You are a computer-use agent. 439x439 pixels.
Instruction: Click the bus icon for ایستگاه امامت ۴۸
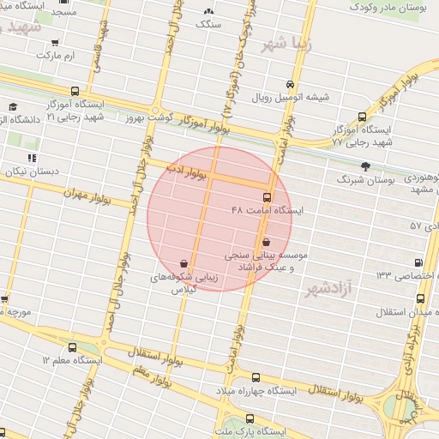[267, 197]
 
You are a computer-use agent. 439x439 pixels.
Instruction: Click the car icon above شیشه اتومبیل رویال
[292, 84]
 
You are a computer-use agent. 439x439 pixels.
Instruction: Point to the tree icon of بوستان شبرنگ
[366, 166]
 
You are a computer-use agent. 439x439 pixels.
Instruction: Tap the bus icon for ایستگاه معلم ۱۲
[72, 348]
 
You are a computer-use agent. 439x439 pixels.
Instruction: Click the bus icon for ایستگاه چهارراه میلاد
[256, 377]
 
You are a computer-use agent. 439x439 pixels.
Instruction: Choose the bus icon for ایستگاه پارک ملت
[223, 420]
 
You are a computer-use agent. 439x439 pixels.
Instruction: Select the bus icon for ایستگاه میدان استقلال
[420, 298]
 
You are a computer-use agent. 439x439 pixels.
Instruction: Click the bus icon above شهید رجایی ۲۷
[362, 117]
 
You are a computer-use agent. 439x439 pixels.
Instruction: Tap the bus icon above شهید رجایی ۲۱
[75, 91]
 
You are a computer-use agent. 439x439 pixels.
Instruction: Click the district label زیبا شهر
[283, 43]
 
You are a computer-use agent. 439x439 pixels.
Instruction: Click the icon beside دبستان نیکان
[33, 158]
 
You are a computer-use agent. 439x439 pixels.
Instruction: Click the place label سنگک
[208, 25]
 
